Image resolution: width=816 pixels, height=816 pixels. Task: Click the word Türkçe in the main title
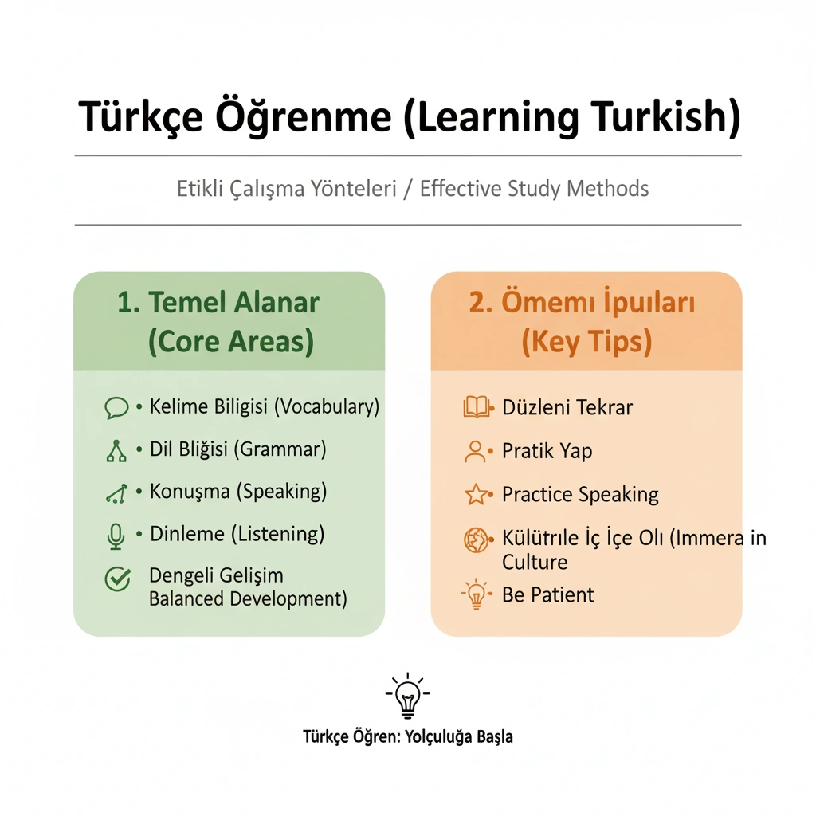click(140, 117)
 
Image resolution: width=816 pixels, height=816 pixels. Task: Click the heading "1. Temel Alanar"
click(218, 302)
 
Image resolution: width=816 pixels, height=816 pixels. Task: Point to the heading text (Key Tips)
click(586, 342)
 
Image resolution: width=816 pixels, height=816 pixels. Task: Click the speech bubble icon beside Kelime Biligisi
click(116, 407)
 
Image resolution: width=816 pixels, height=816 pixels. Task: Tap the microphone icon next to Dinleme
click(116, 536)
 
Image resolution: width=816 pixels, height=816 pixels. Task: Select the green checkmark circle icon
click(118, 579)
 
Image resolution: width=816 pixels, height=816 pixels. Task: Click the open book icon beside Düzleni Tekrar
click(477, 407)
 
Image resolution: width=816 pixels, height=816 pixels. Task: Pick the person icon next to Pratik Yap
click(475, 452)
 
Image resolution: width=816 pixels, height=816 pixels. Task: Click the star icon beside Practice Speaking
click(476, 494)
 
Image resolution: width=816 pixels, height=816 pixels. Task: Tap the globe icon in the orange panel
click(476, 540)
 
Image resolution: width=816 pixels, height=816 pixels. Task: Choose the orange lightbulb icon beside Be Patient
click(477, 594)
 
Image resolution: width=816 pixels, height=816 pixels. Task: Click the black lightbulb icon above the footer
click(407, 695)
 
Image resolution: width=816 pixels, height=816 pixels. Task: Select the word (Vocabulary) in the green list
click(327, 407)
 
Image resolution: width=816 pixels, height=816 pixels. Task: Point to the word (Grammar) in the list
click(280, 449)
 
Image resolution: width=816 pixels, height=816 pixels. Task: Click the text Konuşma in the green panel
click(190, 492)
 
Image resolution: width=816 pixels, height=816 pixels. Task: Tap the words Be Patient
click(547, 594)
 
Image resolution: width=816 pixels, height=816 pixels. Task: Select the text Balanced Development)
click(248, 599)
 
